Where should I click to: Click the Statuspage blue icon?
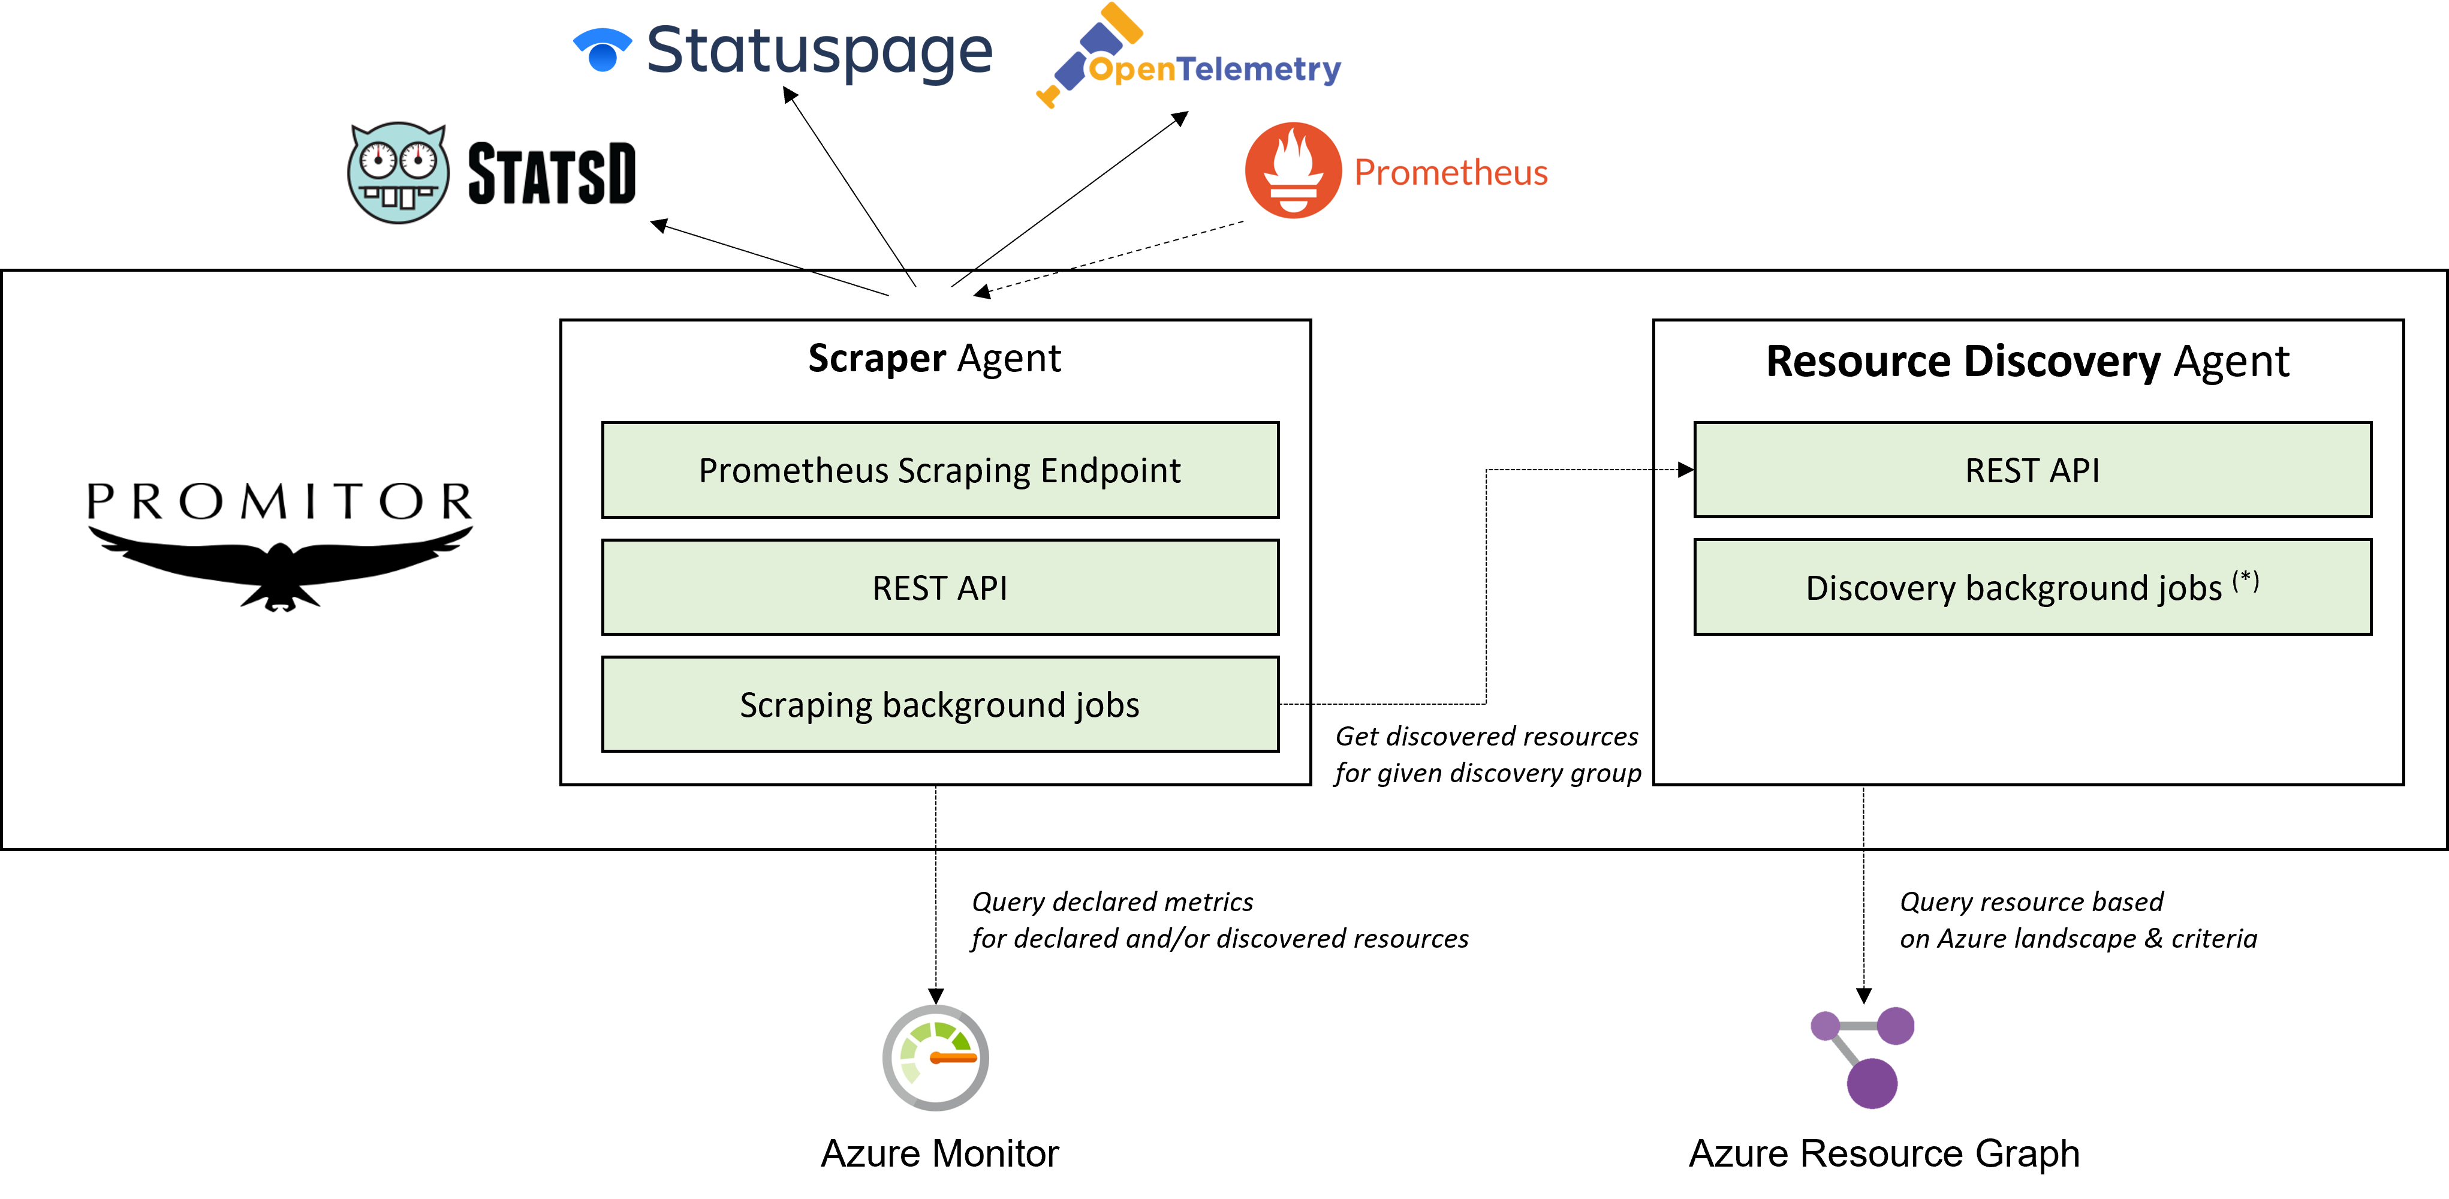[x=602, y=49]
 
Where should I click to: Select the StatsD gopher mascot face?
[x=398, y=173]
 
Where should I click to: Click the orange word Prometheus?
[x=1450, y=172]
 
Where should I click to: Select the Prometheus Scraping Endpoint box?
[x=939, y=470]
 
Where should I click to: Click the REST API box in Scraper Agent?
[x=939, y=588]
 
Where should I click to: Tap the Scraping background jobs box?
[x=939, y=705]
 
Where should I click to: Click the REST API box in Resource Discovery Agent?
[x=2032, y=470]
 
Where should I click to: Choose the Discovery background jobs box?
[x=2032, y=588]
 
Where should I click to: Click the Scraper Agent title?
[x=935, y=359]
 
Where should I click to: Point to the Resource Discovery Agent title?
[x=2027, y=361]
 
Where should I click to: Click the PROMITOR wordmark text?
[x=279, y=501]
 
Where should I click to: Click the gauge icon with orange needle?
[x=935, y=1057]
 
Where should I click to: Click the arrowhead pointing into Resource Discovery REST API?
[x=1686, y=470]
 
